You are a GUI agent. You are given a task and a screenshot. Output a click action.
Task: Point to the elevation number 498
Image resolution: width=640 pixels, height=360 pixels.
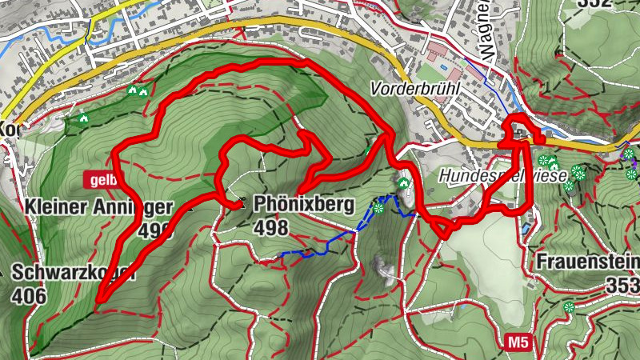click(270, 229)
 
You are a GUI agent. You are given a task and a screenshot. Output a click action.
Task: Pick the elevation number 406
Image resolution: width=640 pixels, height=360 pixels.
click(30, 295)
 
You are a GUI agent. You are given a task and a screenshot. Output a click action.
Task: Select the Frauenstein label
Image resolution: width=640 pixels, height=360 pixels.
click(588, 262)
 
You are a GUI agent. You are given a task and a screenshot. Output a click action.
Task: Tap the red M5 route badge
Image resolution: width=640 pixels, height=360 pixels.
click(518, 343)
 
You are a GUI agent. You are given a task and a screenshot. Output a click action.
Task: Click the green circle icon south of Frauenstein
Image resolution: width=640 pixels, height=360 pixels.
click(569, 307)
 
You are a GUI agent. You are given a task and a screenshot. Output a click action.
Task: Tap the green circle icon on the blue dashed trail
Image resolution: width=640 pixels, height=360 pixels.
click(378, 208)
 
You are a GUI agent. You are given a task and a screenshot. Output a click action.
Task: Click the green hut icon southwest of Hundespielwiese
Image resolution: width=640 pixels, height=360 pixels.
click(403, 182)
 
